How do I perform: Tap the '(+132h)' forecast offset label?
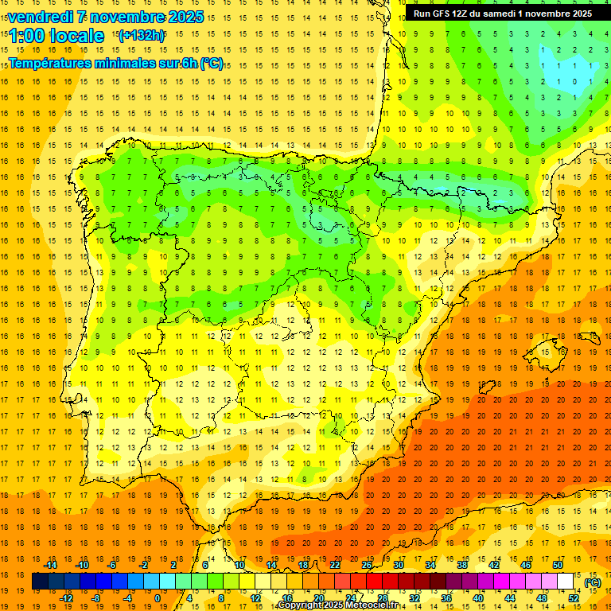[142, 35]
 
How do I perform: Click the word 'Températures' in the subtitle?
[53, 64]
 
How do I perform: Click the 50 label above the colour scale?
[558, 565]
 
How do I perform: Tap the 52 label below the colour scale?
[574, 598]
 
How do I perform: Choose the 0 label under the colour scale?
[158, 598]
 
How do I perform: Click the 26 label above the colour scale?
[367, 565]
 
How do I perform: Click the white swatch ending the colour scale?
[565, 582]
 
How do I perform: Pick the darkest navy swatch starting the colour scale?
[40, 582]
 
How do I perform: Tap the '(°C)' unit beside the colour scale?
[593, 582]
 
